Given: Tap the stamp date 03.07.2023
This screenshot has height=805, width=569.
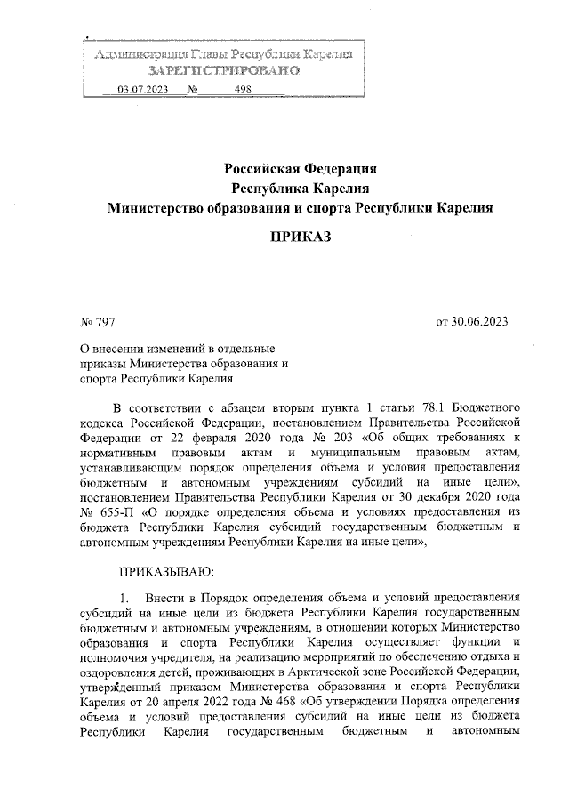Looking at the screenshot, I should tap(143, 90).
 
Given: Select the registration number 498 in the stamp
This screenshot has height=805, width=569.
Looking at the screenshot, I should tap(243, 90).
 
